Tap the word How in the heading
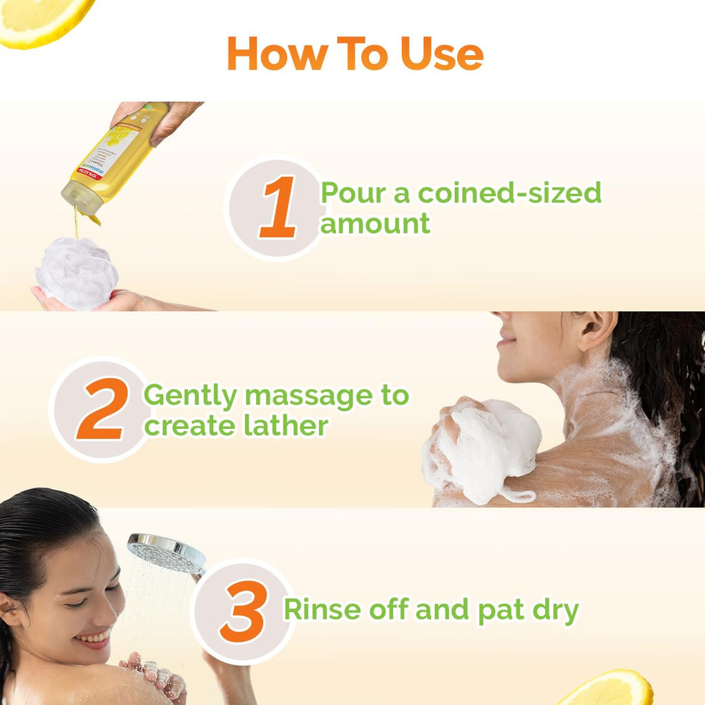pos(271,54)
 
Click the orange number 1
pos(279,207)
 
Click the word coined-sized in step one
pos(509,193)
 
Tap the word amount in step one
pos(376,224)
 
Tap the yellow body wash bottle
pos(117,158)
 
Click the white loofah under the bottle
pos(76,272)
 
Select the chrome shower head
pos(166,553)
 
